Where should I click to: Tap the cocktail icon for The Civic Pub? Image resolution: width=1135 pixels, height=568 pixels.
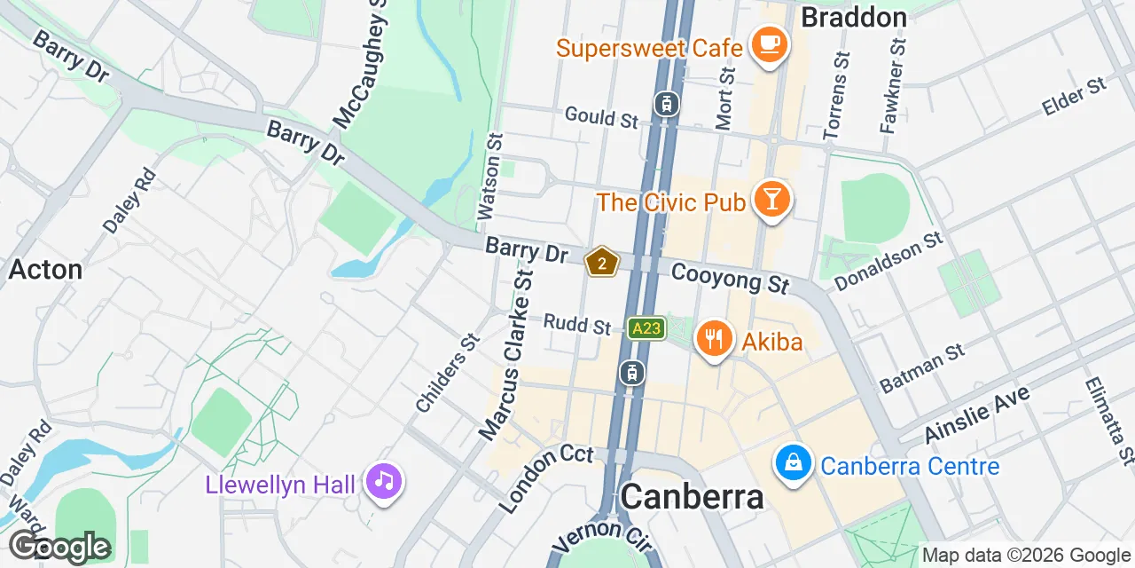click(x=771, y=200)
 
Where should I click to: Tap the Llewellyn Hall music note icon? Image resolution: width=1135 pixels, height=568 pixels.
click(x=384, y=482)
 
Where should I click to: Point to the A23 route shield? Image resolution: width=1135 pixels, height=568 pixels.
click(x=646, y=328)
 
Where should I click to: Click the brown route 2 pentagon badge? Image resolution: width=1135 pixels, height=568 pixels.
click(x=602, y=263)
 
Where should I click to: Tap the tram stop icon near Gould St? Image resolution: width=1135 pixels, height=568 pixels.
click(x=667, y=104)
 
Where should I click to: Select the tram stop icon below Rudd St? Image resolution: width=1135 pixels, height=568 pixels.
click(x=631, y=373)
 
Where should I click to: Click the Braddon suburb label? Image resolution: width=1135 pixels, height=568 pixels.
click(x=854, y=17)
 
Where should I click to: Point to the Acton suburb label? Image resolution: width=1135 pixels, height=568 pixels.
click(x=45, y=269)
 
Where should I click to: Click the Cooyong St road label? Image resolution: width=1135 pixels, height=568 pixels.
click(x=730, y=278)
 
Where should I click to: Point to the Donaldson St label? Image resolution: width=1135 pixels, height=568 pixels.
click(x=888, y=262)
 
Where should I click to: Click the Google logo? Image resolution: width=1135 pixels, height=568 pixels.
click(x=59, y=547)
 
